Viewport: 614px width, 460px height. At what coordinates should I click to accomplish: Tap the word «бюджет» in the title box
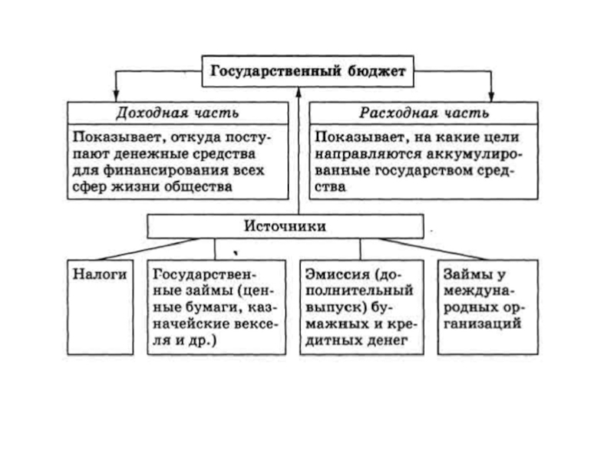(377, 71)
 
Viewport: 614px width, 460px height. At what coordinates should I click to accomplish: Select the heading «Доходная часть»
(177, 113)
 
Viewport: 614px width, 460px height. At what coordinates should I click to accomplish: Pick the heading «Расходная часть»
(424, 113)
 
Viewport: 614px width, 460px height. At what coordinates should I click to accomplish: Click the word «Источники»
(285, 226)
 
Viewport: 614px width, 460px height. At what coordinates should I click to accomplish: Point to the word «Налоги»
(100, 274)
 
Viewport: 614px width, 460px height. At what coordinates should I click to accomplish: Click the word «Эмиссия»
(337, 274)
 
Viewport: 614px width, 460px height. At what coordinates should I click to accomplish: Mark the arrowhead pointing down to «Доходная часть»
(116, 97)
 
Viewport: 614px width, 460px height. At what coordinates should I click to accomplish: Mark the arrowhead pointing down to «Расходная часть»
(491, 97)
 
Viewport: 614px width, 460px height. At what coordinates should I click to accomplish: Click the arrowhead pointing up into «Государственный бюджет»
(299, 92)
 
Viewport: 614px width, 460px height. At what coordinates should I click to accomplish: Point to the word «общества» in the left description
(198, 187)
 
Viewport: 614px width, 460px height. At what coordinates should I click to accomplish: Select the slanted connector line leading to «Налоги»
(148, 249)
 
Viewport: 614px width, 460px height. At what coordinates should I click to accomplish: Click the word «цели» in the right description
(502, 138)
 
